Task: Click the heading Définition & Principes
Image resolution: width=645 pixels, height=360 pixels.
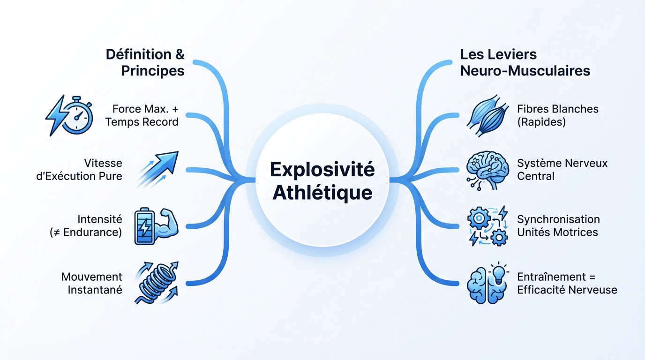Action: click(x=145, y=62)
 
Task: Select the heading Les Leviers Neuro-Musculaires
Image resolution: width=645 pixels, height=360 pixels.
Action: click(x=525, y=62)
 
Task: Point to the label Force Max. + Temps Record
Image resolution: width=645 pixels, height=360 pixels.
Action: click(x=142, y=115)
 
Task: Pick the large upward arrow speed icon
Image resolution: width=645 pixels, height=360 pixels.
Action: click(x=157, y=169)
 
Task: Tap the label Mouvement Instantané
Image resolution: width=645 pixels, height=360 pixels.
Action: click(x=92, y=283)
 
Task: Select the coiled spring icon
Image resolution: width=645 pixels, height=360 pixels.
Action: click(x=156, y=283)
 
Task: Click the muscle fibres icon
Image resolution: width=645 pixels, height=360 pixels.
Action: click(x=487, y=116)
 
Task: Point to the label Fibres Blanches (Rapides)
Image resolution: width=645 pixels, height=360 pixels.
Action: click(x=557, y=115)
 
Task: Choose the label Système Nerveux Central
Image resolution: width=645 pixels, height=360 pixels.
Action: click(x=562, y=170)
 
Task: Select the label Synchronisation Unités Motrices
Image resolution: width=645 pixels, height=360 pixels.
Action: click(x=558, y=225)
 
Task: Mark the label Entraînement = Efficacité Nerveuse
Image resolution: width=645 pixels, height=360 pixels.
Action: click(x=567, y=283)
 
